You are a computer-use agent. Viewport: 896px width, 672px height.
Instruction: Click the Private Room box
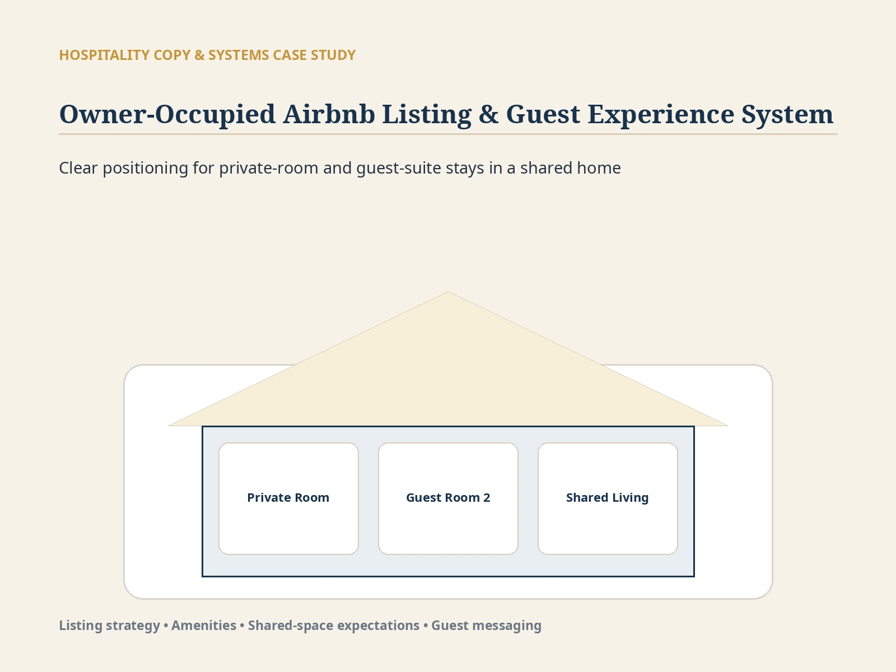click(288, 498)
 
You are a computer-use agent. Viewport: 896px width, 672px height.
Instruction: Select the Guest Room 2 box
click(448, 498)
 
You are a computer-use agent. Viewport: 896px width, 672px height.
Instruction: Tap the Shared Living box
click(608, 498)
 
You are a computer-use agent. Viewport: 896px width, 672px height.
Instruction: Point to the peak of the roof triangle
click(448, 291)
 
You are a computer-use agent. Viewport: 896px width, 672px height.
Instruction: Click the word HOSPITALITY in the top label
click(104, 55)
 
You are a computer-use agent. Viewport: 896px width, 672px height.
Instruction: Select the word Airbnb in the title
click(329, 114)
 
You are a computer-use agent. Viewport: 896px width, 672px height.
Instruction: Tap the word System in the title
click(787, 115)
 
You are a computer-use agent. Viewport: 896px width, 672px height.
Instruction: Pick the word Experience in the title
click(660, 115)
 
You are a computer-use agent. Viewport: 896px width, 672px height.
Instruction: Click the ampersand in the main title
click(489, 114)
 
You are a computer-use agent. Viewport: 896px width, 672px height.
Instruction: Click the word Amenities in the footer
click(204, 625)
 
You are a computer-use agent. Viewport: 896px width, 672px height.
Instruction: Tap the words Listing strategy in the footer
click(109, 626)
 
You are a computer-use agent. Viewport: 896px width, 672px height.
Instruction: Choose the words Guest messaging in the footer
click(486, 626)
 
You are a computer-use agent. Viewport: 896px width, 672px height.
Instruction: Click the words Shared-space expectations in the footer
click(334, 626)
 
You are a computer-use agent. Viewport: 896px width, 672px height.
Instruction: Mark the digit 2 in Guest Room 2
click(487, 498)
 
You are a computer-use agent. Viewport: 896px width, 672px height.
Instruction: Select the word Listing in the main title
click(427, 115)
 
